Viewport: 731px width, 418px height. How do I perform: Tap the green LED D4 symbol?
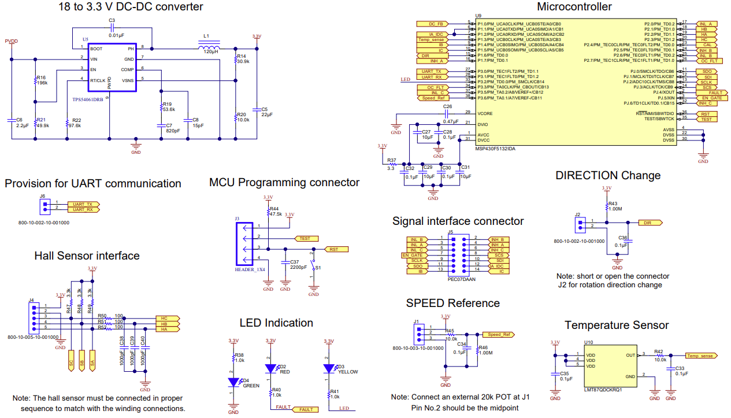coord(233,382)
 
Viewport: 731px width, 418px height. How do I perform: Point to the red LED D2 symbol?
coord(270,368)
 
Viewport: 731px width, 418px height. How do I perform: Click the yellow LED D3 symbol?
coord(329,368)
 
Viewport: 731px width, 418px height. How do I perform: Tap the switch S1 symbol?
coord(314,268)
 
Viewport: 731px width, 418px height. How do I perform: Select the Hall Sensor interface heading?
coord(87,256)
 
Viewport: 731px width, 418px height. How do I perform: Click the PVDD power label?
coord(11,42)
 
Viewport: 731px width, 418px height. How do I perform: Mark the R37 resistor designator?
coord(391,160)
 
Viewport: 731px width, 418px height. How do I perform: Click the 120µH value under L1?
coord(211,52)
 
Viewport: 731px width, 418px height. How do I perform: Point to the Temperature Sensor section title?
coord(617,325)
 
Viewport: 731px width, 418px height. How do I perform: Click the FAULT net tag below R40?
coord(305,409)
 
